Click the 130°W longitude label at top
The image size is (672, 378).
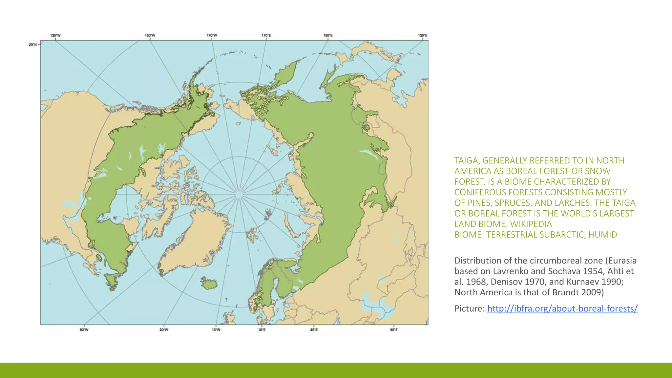[55, 35]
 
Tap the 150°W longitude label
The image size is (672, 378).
[150, 35]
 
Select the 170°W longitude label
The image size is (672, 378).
[212, 35]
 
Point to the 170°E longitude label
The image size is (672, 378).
[266, 35]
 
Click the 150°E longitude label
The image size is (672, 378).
[328, 35]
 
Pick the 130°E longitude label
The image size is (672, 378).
[423, 35]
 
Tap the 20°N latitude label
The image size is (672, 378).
[33, 45]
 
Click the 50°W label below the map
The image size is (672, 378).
[84, 330]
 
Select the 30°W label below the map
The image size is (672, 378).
[164, 330]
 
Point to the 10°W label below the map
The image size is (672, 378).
[216, 330]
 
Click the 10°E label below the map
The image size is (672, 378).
[262, 330]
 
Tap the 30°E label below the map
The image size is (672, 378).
[314, 330]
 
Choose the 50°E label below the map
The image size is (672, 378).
[394, 330]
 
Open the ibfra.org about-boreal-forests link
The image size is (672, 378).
[562, 308]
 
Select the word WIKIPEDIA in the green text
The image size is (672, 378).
[531, 224]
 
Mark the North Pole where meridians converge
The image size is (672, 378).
[239, 194]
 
